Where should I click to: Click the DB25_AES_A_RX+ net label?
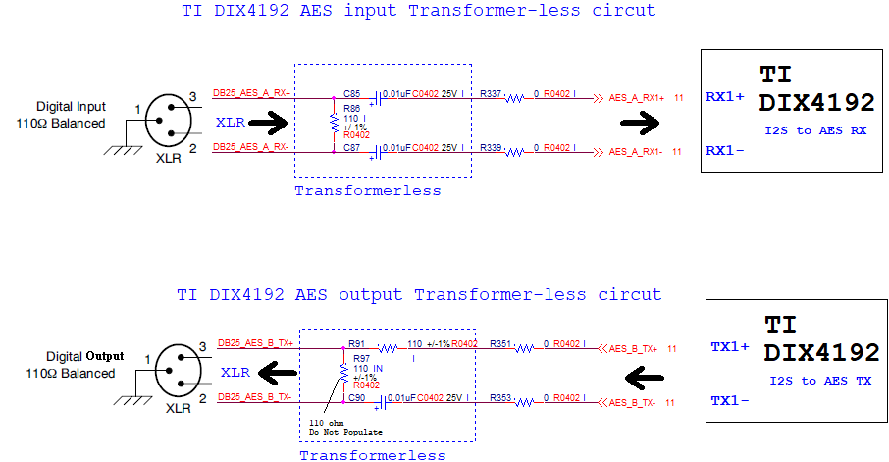coord(251,93)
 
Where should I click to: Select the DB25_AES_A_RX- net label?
coord(251,147)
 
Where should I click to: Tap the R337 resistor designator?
coord(491,93)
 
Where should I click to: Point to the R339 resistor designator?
coord(491,147)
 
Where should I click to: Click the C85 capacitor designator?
coord(351,93)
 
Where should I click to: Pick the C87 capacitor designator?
coord(351,147)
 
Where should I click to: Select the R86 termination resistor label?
coord(351,107)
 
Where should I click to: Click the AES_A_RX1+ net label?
coord(637,98)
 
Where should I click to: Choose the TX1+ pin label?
coord(729,347)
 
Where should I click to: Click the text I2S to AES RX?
coord(816,130)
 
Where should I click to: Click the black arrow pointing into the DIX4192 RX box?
coord(642,124)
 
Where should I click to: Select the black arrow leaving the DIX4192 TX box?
coord(649,377)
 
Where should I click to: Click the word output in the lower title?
coord(371,294)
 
